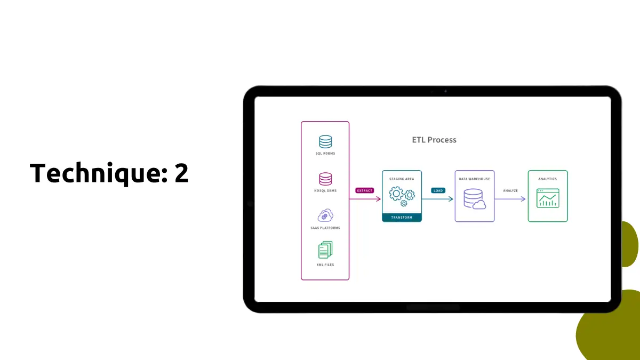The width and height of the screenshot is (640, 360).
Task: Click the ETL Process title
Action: point(434,140)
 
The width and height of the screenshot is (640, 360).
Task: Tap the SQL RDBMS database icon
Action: point(325,141)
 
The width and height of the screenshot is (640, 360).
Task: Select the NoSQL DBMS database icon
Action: point(325,178)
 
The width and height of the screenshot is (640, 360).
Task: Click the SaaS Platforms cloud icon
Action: point(325,215)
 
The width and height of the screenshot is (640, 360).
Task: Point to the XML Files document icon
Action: point(325,250)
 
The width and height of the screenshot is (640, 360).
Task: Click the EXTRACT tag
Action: point(365,190)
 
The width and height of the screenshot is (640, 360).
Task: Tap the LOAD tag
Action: point(438,190)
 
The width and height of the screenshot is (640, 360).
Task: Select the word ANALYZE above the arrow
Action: point(510,190)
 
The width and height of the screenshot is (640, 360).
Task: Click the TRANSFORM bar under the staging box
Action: point(402,218)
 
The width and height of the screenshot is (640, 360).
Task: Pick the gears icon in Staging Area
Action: point(402,195)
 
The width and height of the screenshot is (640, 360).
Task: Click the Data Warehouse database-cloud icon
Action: point(474,198)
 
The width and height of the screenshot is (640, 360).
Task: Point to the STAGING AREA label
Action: point(402,179)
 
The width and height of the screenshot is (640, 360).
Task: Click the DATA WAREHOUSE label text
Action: point(474,179)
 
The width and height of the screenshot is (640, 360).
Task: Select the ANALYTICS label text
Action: point(548,179)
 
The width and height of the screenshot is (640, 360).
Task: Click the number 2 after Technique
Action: point(181,173)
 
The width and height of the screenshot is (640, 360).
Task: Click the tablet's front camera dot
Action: point(445,91)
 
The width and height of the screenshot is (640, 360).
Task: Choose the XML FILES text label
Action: point(325,265)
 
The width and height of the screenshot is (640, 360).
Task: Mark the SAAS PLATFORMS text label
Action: point(325,228)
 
